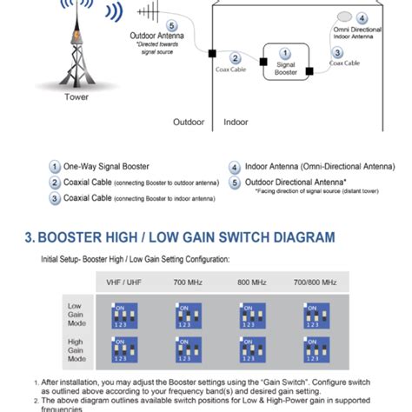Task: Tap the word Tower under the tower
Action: pos(76,97)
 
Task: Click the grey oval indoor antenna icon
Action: pos(346,17)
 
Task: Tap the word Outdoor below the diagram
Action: pos(189,123)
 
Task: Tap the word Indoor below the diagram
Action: pos(236,123)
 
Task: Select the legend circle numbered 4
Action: pos(235,166)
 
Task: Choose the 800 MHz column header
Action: pos(253,283)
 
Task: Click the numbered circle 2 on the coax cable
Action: pos(235,57)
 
